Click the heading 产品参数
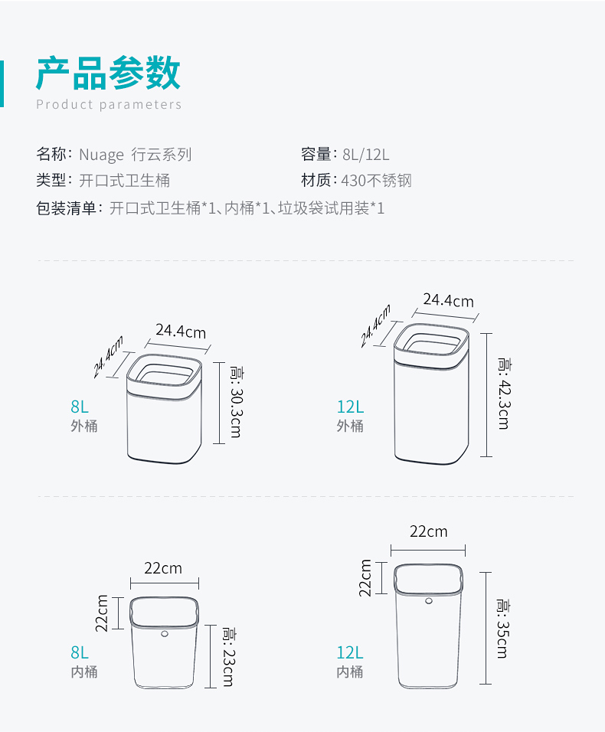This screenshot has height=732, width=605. coord(109,74)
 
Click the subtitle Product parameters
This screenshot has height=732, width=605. coord(109,105)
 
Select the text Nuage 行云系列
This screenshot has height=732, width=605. coord(135,155)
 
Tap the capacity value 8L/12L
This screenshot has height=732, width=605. coord(367,155)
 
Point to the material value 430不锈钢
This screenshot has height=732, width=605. coord(378,181)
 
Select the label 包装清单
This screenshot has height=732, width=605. coord(67,208)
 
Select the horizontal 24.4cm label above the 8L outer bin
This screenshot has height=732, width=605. coord(181,332)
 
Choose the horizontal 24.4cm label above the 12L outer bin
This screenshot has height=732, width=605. coord(449,300)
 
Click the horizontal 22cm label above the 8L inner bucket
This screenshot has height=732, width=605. coord(163,568)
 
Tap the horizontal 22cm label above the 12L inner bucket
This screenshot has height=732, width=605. coord(428,531)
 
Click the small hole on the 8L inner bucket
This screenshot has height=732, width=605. coord(165,634)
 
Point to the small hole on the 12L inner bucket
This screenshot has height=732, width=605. coord(429,601)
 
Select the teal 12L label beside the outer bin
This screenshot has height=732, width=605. coord(350,407)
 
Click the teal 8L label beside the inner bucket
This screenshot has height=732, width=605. coord(80,652)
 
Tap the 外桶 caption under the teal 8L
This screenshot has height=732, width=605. coord(84,426)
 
